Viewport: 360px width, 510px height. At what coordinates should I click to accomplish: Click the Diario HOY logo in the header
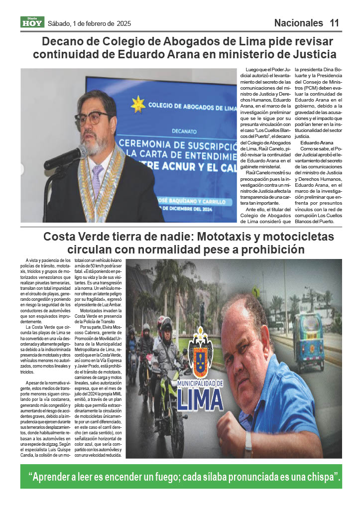click(x=32, y=22)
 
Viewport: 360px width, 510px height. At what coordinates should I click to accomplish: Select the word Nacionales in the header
click(x=298, y=23)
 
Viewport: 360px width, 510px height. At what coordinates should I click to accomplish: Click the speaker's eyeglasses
click(x=93, y=118)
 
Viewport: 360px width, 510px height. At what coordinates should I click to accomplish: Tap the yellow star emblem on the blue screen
click(x=138, y=104)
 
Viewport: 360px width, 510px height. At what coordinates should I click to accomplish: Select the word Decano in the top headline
click(x=62, y=41)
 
